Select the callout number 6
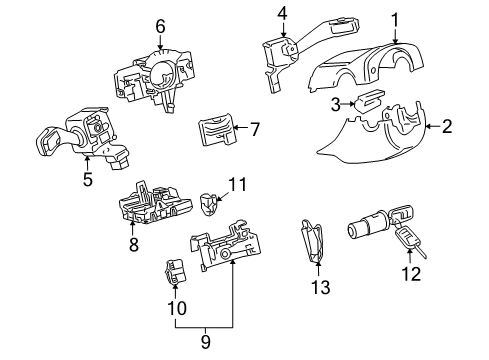160,26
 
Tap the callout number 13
321,287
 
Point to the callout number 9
206,342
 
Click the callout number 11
237,184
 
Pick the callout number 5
88,180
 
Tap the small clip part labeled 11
208,204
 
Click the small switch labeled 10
175,271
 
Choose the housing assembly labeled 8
155,204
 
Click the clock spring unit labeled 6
154,77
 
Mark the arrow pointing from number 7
241,127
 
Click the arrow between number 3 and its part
348,104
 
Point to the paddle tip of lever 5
48,142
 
